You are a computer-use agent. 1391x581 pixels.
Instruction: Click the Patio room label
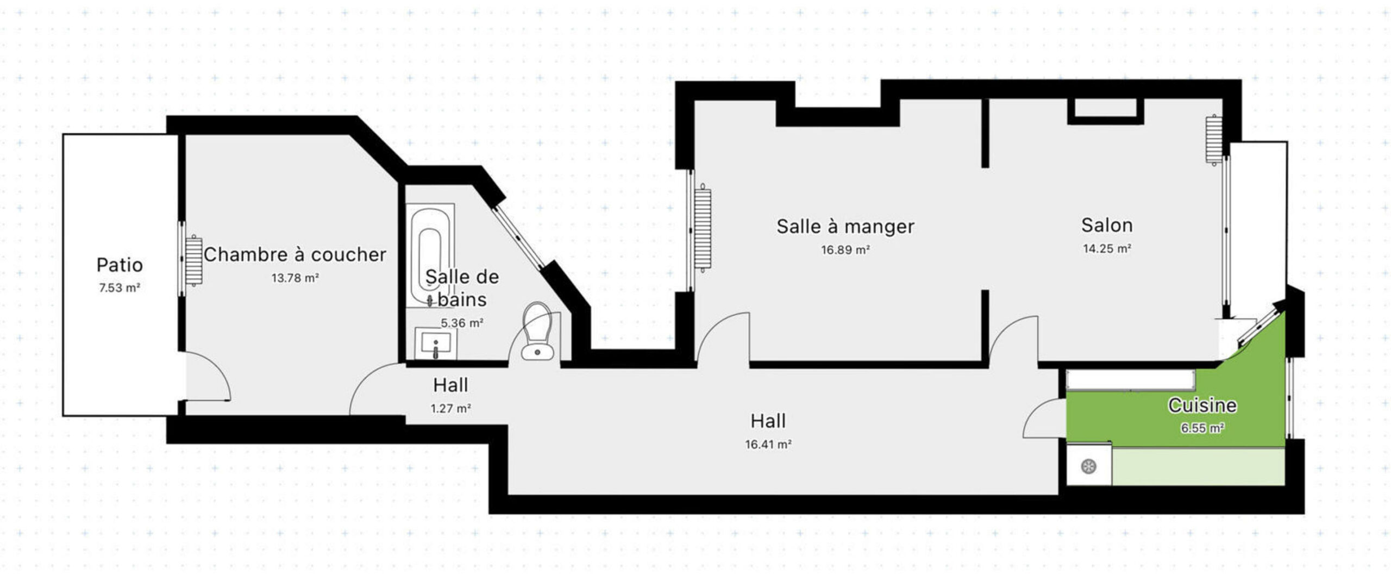click(120, 265)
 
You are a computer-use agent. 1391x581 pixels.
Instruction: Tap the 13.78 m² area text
click(295, 278)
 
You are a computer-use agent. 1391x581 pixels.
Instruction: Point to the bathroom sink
click(436, 343)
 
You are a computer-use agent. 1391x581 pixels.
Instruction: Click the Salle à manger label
click(845, 227)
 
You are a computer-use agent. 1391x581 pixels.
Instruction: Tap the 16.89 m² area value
click(845, 250)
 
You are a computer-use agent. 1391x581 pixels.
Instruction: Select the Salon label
click(1107, 225)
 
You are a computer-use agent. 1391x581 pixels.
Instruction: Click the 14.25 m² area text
click(1107, 249)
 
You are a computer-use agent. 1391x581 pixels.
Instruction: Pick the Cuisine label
click(1202, 405)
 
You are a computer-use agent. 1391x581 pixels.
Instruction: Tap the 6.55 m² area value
click(1202, 428)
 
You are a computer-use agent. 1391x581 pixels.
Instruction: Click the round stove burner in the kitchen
click(1088, 466)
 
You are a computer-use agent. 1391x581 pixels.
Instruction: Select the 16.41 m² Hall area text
click(768, 445)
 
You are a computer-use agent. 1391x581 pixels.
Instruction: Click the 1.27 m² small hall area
click(450, 408)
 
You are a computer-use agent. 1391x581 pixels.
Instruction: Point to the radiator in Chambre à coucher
click(194, 261)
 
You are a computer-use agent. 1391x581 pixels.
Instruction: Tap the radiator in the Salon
click(1213, 140)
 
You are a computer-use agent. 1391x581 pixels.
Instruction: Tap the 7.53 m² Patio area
click(120, 288)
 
